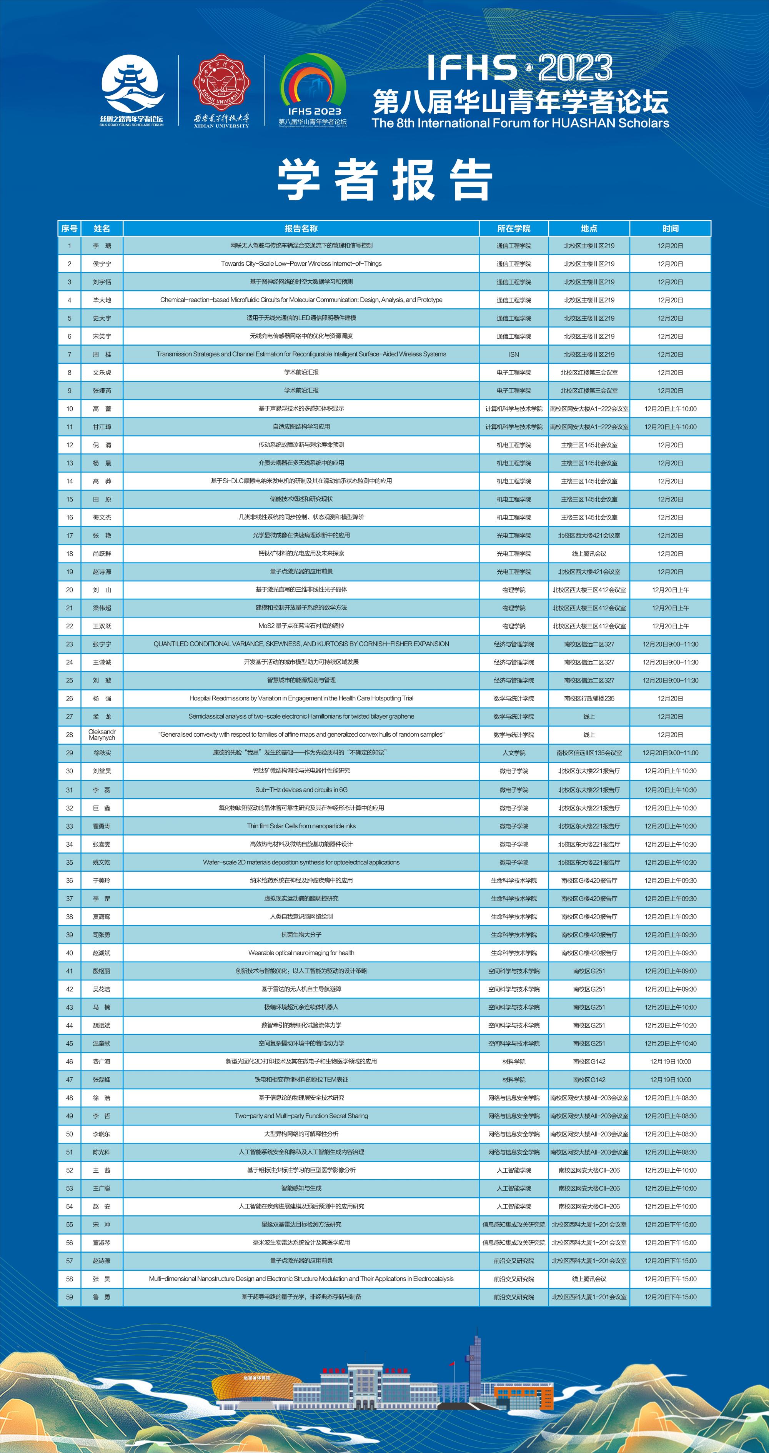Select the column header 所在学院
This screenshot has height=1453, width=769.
(513, 228)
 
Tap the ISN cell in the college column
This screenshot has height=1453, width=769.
(513, 354)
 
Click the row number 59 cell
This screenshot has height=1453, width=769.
(69, 1297)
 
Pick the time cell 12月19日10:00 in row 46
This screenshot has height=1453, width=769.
(670, 1062)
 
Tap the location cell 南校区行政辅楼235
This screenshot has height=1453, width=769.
(589, 698)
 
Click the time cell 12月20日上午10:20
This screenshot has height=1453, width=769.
(670, 1025)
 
